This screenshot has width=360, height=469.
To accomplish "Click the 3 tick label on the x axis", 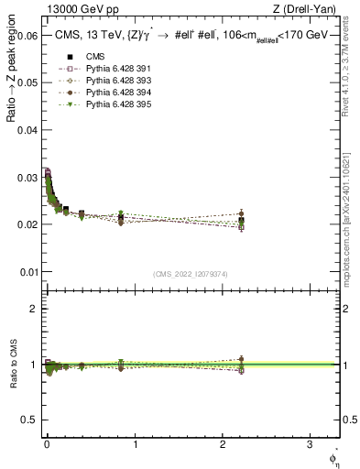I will (312, 443).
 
